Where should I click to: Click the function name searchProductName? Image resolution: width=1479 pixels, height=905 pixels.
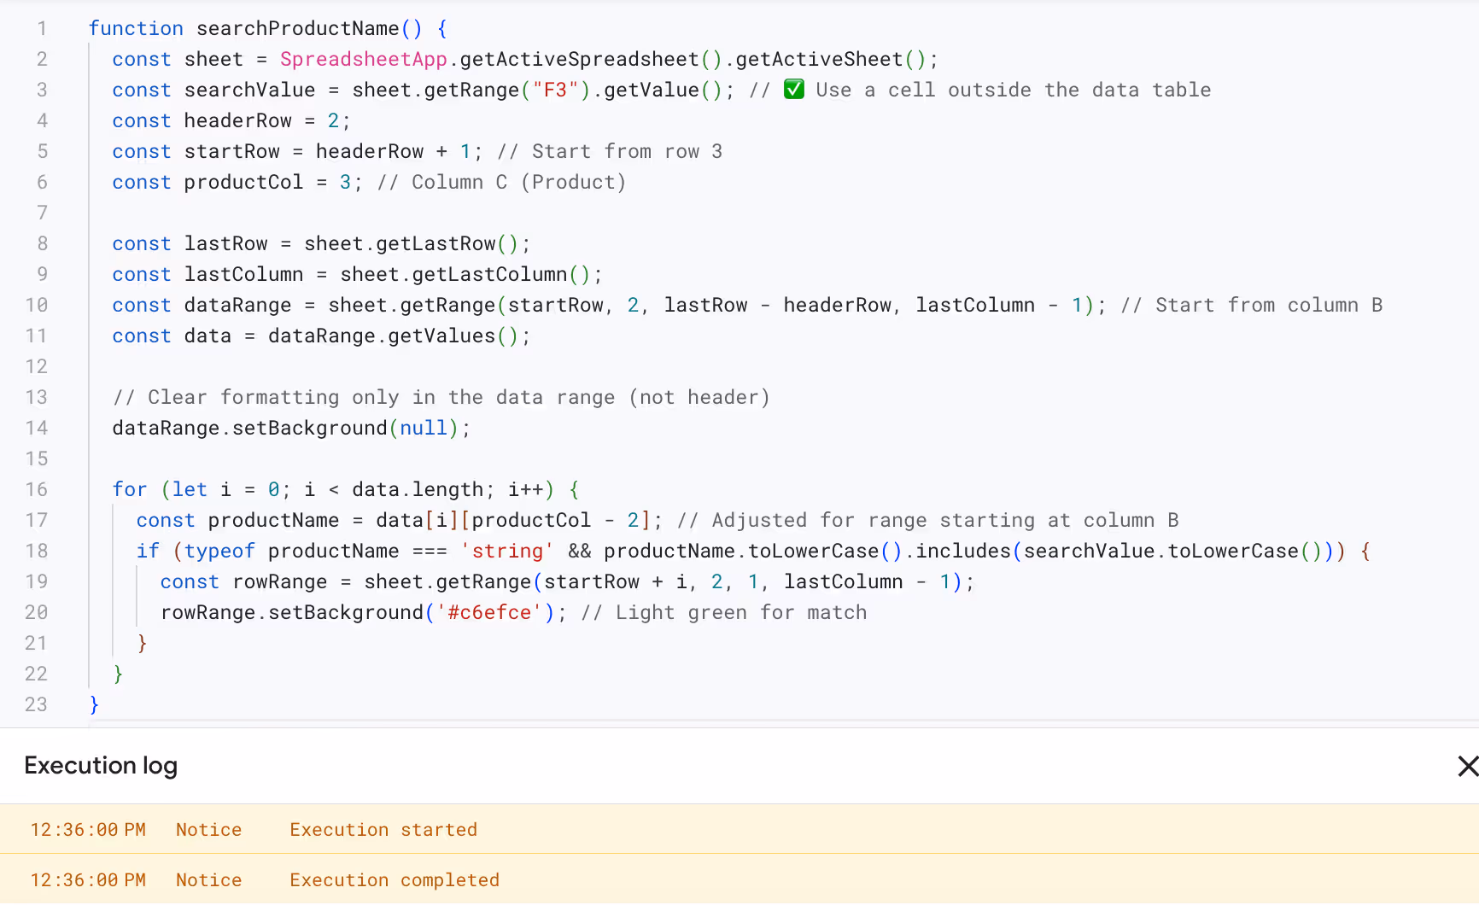click(x=297, y=28)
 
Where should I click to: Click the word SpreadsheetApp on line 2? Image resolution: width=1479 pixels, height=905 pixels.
click(x=363, y=59)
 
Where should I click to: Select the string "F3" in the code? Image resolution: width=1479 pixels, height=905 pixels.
click(x=555, y=90)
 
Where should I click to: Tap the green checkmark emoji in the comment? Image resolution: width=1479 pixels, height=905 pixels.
click(x=794, y=89)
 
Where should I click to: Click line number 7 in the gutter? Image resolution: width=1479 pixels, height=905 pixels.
click(x=42, y=213)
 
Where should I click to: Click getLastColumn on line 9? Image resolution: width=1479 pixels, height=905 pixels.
click(x=489, y=274)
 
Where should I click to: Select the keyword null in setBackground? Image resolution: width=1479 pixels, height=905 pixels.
click(x=424, y=428)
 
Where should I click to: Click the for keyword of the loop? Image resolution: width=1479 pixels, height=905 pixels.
click(x=130, y=489)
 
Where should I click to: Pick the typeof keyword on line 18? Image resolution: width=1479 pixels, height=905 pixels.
click(x=219, y=551)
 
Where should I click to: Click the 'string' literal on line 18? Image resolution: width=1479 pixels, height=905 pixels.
click(x=507, y=551)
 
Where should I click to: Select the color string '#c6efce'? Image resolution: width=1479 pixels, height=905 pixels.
click(x=489, y=612)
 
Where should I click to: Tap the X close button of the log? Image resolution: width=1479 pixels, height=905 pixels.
click(x=1467, y=766)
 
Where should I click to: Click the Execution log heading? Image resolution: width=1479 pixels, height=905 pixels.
click(x=101, y=766)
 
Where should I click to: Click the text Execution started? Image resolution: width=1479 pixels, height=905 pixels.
click(x=383, y=830)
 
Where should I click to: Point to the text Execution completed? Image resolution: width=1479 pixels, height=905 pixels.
click(x=395, y=880)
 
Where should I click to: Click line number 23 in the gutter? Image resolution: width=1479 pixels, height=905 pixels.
click(x=36, y=704)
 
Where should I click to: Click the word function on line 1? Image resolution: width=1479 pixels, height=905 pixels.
click(x=136, y=28)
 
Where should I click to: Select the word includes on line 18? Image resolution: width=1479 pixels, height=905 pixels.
click(x=963, y=551)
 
